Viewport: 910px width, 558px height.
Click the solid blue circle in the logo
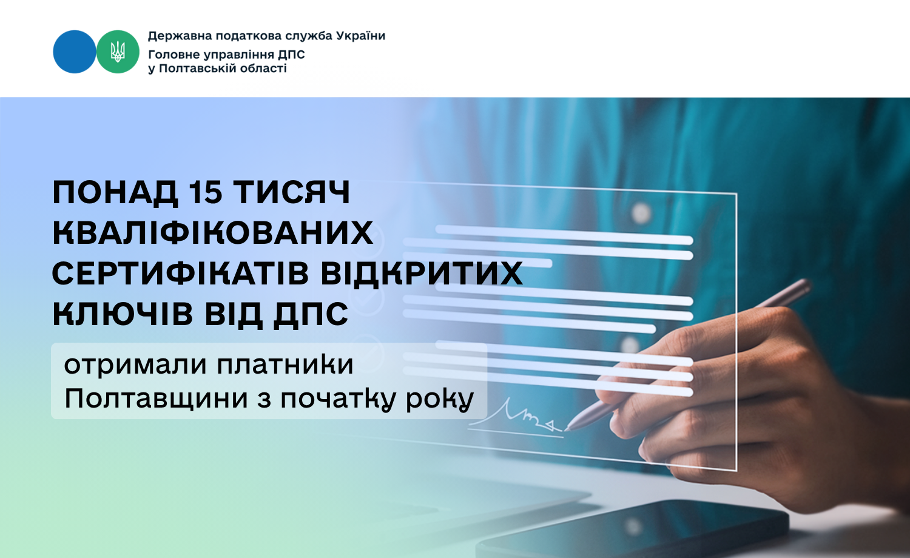75,52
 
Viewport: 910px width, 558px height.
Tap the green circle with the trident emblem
118,52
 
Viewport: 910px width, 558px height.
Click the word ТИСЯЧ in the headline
292,192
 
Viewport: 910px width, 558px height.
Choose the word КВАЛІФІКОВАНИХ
213,233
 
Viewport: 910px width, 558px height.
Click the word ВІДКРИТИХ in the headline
422,274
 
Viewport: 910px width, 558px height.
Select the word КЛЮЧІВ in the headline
123,314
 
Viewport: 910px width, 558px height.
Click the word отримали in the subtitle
136,365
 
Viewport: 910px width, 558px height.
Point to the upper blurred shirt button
641,212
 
